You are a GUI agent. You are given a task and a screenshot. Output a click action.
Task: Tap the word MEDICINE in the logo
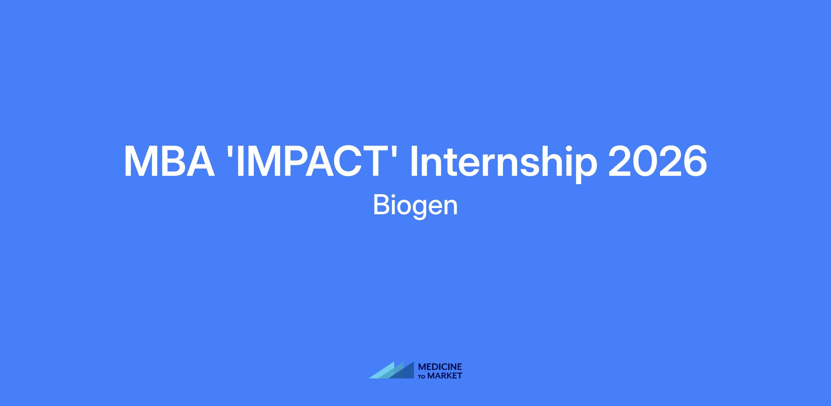point(440,367)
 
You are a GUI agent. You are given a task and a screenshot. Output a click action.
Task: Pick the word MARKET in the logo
point(445,376)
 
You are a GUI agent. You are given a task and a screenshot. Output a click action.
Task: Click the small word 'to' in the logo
point(422,377)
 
